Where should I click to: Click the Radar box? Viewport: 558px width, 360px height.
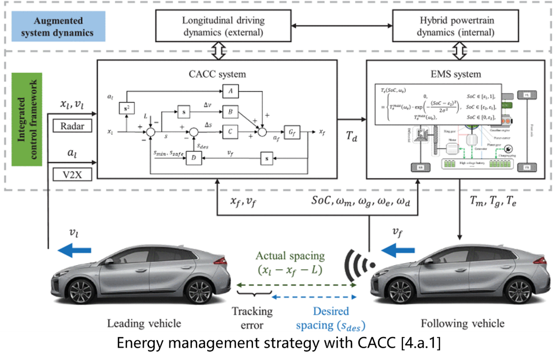click(71, 126)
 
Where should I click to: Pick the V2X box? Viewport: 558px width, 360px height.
click(71, 173)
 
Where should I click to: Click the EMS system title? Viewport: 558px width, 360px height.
click(455, 74)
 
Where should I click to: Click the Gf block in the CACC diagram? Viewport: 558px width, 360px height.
click(291, 132)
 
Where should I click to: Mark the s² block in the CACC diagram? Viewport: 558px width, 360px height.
click(126, 109)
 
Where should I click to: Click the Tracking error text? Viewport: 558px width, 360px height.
click(252, 318)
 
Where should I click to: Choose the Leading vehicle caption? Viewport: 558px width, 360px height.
click(144, 323)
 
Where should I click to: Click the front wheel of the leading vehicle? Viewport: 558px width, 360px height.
click(82, 291)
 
